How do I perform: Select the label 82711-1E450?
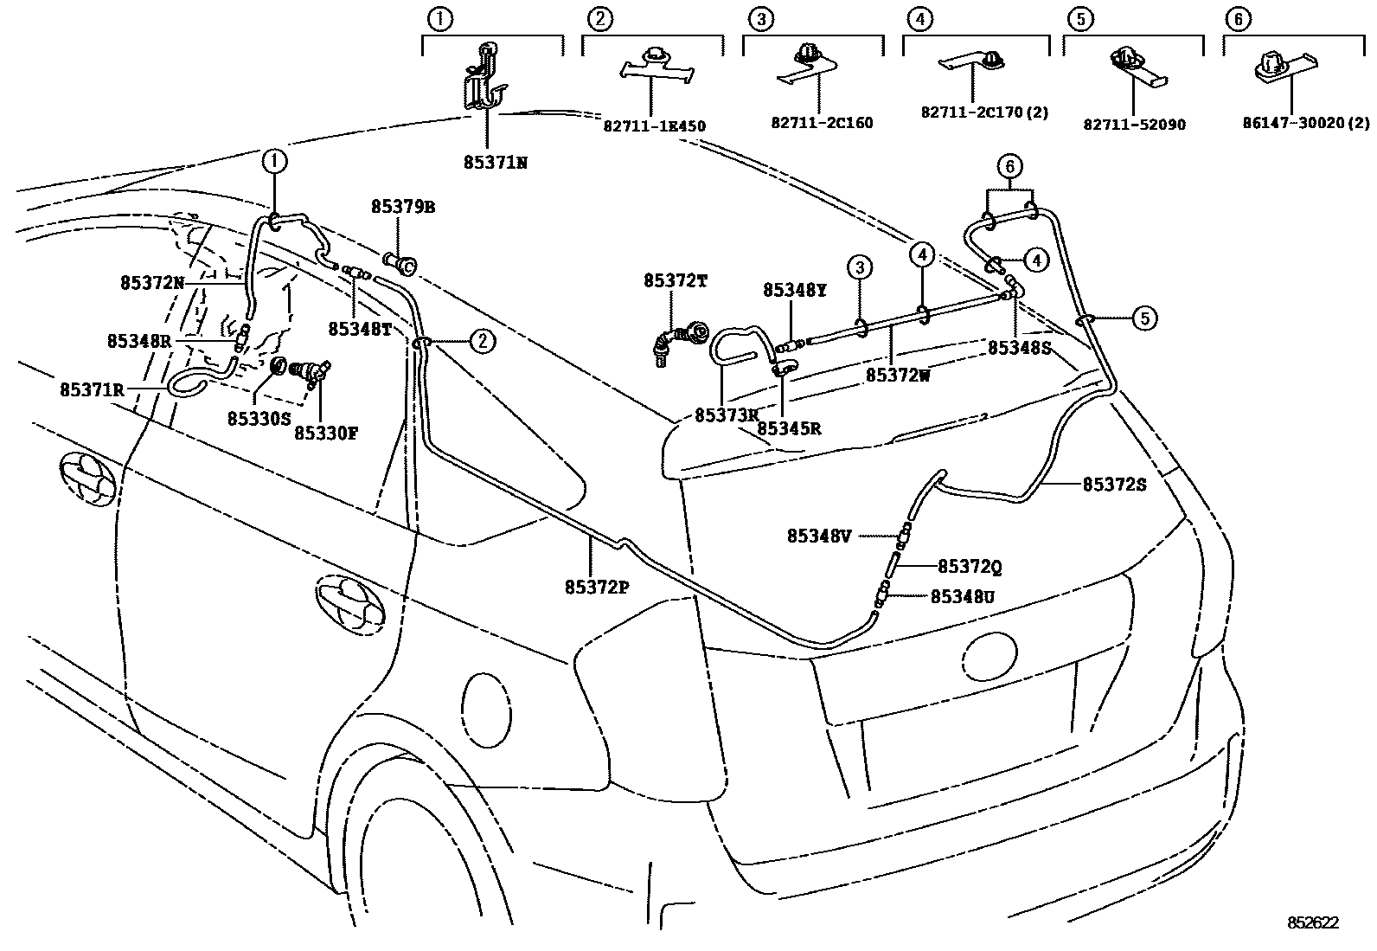[654, 126]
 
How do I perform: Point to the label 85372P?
[597, 587]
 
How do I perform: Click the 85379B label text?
[403, 208]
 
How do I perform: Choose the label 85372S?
[1114, 485]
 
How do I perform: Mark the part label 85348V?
[819, 537]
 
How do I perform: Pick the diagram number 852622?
[1312, 923]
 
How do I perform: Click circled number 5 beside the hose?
[1144, 318]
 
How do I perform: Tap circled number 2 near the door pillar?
[482, 341]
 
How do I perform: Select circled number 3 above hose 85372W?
[860, 268]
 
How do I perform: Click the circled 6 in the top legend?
[1238, 19]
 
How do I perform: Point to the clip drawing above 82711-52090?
[1128, 62]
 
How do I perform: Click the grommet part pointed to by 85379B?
[402, 260]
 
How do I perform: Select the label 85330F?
[325, 433]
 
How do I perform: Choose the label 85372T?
[676, 281]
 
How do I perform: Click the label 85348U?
[962, 596]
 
